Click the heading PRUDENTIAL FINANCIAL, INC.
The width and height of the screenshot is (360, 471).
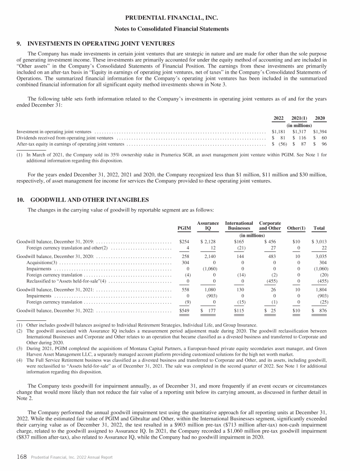pyautogui.click(x=180, y=18)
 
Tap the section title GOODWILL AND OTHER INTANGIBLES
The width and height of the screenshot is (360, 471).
pyautogui.click(x=89, y=199)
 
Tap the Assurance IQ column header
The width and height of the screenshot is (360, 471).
pyautogui.click(x=208, y=226)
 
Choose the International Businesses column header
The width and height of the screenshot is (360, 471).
pyautogui.click(x=239, y=226)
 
